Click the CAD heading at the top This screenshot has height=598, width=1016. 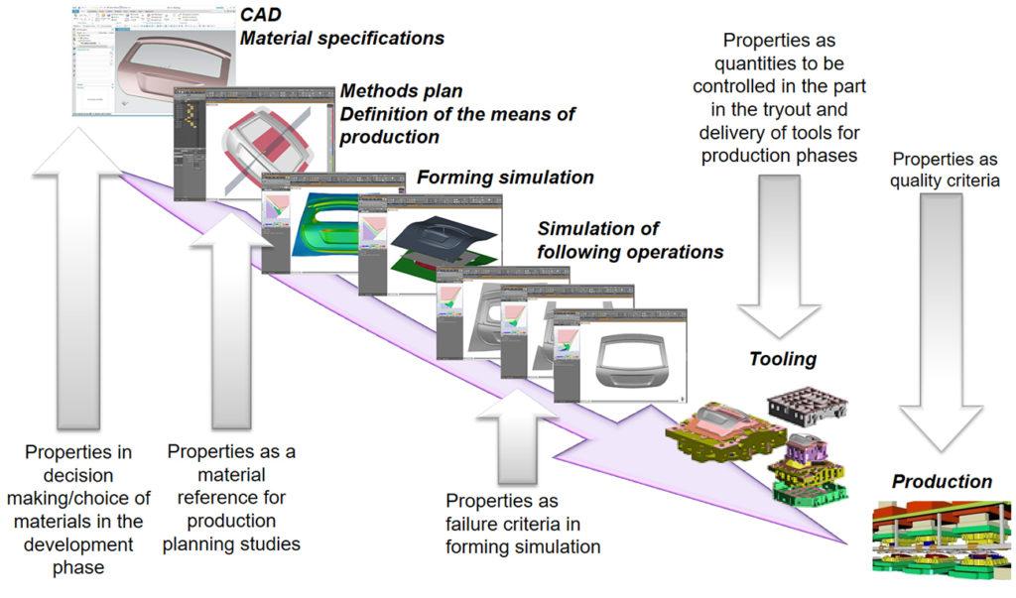(x=262, y=15)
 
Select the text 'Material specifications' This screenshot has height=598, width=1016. (x=342, y=39)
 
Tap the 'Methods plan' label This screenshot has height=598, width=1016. (x=388, y=90)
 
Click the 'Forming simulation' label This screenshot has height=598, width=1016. (x=505, y=178)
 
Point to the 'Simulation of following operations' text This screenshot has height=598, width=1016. (x=629, y=241)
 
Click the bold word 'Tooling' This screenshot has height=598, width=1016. (x=784, y=359)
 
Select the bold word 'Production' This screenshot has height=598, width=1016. (x=942, y=482)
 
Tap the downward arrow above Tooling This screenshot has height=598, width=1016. (x=778, y=258)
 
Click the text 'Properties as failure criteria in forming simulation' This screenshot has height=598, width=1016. (x=523, y=523)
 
